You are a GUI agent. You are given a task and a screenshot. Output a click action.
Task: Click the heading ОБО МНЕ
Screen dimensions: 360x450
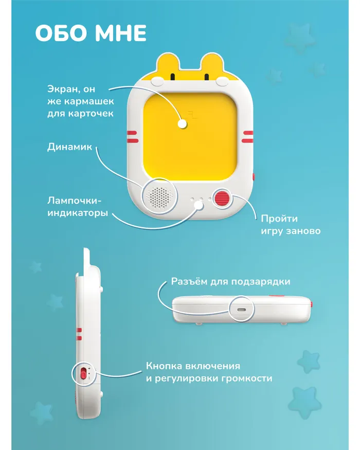(x=91, y=33)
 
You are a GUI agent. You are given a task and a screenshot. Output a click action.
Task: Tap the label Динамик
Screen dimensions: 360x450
(x=70, y=147)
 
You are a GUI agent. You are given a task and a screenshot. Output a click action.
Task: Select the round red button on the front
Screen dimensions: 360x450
(x=223, y=199)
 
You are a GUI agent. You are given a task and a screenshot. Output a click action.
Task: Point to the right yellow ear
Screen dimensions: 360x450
(x=212, y=64)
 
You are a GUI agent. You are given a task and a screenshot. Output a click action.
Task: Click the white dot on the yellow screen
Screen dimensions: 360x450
(x=182, y=124)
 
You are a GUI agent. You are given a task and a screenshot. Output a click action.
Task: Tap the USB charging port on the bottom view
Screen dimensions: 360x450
(x=241, y=310)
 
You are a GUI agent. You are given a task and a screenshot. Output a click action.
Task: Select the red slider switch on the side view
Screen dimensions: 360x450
(x=83, y=373)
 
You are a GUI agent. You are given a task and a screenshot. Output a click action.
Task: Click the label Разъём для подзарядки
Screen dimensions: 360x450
(x=230, y=281)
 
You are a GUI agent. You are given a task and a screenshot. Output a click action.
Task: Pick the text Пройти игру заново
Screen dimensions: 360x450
(x=291, y=225)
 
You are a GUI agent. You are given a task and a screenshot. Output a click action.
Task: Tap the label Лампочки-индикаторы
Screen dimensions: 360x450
(x=78, y=207)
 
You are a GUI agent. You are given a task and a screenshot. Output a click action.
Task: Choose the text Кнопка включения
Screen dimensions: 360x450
(x=193, y=366)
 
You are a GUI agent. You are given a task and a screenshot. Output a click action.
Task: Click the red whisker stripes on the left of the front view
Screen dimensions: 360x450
(x=133, y=137)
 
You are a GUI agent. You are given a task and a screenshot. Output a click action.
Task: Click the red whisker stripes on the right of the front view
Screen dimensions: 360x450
(x=247, y=137)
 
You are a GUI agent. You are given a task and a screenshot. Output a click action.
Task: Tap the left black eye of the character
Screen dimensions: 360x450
(x=173, y=77)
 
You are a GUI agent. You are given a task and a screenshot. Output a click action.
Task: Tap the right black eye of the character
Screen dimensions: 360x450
(x=206, y=77)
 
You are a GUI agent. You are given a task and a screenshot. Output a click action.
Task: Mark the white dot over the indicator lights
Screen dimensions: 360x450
(x=199, y=205)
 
